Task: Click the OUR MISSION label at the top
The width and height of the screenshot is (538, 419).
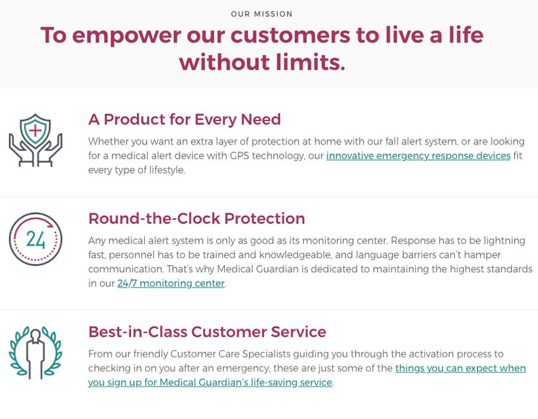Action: (261, 14)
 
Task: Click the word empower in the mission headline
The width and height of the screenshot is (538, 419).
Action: (127, 36)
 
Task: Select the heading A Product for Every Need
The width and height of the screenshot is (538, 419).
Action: (185, 120)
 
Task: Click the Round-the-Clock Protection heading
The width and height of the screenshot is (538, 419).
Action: (197, 218)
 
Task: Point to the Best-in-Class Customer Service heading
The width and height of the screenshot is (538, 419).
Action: (207, 332)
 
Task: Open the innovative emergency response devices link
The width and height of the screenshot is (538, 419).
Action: (418, 156)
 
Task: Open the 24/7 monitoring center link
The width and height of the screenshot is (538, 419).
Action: (171, 283)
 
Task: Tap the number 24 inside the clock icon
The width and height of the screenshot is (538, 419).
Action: (35, 239)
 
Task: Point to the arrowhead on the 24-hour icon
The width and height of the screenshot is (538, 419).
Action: (50, 225)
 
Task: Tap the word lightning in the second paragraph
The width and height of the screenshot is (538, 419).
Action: (505, 241)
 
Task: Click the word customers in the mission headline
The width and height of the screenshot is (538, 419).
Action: (291, 35)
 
